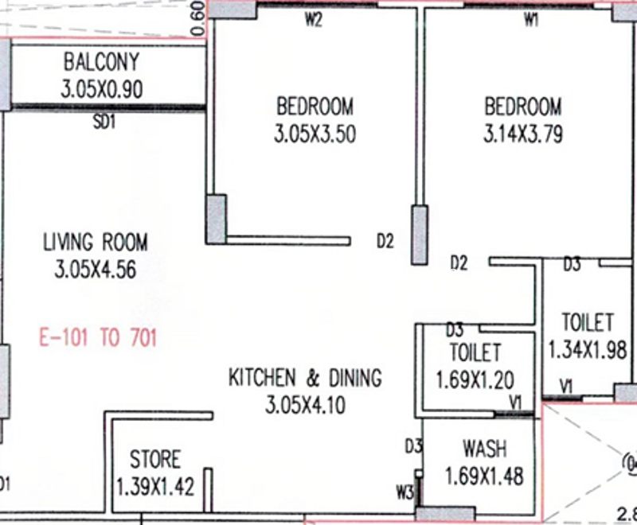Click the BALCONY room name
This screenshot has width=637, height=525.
(x=102, y=62)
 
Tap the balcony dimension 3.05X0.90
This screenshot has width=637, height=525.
(x=102, y=89)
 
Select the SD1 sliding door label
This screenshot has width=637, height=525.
(x=104, y=122)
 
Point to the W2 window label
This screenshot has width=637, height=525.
(x=313, y=19)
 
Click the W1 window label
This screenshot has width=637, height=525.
(x=531, y=19)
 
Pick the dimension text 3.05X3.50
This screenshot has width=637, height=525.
(x=315, y=134)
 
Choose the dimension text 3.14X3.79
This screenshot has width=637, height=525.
(x=523, y=134)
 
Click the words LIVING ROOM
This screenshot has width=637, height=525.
(x=96, y=242)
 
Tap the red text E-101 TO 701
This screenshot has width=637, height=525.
(x=98, y=337)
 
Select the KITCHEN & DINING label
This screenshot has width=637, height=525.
(x=305, y=377)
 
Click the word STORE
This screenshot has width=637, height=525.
(x=154, y=459)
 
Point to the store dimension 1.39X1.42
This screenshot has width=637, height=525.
(x=155, y=487)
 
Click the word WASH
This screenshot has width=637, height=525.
(x=485, y=449)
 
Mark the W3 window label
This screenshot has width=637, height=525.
(x=404, y=492)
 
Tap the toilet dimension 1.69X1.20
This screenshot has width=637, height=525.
(x=475, y=379)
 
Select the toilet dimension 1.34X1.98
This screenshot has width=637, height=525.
(x=587, y=350)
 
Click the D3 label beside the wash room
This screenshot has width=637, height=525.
(x=413, y=447)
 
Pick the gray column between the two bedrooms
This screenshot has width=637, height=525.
(x=420, y=235)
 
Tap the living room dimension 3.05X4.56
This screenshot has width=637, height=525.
(x=96, y=269)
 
